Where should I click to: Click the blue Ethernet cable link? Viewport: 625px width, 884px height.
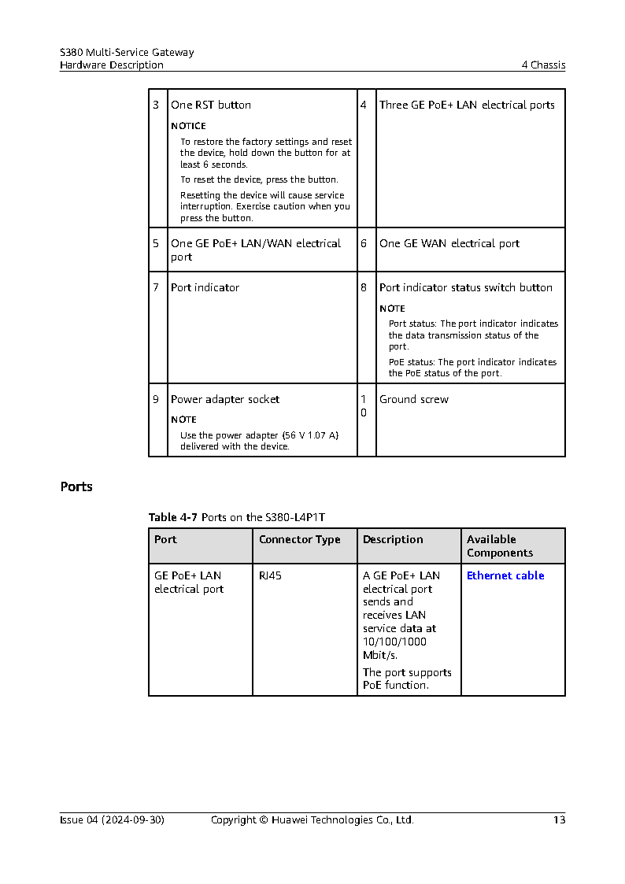point(505,575)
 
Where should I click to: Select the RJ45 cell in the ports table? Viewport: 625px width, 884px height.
point(270,575)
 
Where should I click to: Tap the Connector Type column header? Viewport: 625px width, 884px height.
point(300,539)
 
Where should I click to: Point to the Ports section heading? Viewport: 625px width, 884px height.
point(76,486)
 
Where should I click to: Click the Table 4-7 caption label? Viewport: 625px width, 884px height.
point(173,517)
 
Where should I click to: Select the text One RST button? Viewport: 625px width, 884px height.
point(211,105)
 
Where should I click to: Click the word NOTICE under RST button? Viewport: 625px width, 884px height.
point(188,126)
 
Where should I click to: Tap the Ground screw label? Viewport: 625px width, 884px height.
point(414,399)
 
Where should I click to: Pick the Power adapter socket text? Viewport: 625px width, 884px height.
point(225,399)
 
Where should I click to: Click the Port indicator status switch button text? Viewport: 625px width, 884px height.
point(466,287)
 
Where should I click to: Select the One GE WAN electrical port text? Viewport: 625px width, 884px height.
point(449,243)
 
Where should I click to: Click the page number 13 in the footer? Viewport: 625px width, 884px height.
point(559,819)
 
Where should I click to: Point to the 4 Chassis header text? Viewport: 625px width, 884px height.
point(543,65)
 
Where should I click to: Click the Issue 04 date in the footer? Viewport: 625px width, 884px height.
point(112,819)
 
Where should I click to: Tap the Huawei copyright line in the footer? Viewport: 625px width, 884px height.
point(312,819)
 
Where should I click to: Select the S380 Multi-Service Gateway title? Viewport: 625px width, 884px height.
point(127,52)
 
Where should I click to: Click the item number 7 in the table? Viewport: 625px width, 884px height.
point(156,287)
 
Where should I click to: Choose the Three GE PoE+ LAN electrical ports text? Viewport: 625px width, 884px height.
point(467,105)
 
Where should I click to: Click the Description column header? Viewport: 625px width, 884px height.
point(393,539)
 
